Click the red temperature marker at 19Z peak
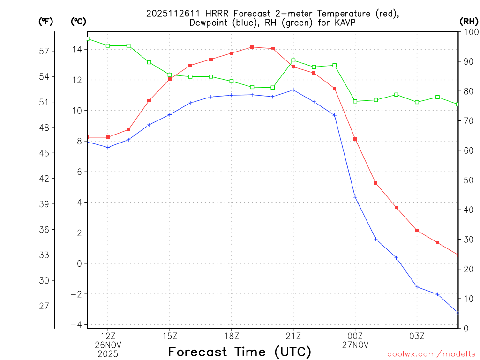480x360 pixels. tap(252, 47)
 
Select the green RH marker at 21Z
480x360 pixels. tap(293, 60)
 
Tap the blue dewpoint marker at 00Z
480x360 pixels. tap(355, 197)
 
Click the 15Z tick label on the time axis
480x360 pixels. tap(170, 336)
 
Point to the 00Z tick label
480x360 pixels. tap(355, 336)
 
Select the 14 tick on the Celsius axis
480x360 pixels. tap(77, 50)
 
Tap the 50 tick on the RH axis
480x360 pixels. tap(468, 180)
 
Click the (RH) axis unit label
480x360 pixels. tap(469, 21)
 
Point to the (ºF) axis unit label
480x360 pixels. tap(46, 21)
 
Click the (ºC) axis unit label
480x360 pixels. tap(78, 21)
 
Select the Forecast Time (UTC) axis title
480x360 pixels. tap(240, 352)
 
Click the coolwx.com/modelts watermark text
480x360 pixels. tap(431, 354)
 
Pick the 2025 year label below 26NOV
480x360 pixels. tap(108, 353)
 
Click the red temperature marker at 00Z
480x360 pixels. tap(355, 139)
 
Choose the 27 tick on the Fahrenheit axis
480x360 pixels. tap(45, 306)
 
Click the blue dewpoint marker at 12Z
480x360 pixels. tap(108, 147)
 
